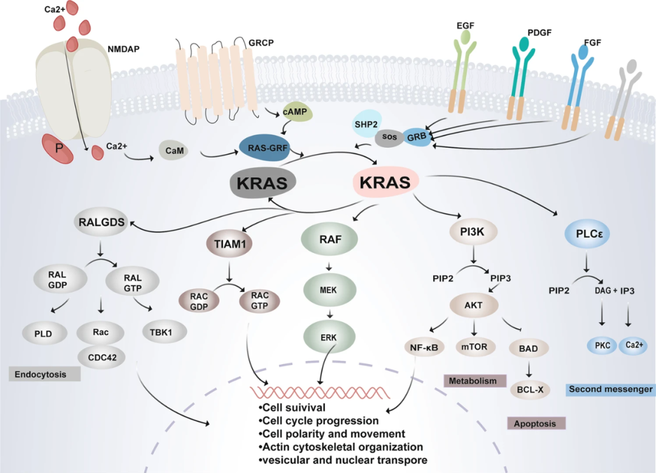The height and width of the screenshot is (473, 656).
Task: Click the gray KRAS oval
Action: click(x=262, y=182)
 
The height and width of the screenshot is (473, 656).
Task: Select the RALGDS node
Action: click(x=101, y=223)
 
